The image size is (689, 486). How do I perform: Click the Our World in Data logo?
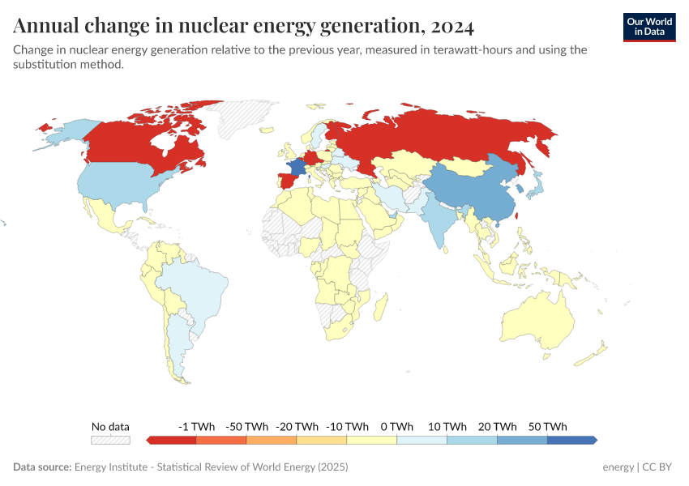[648, 27]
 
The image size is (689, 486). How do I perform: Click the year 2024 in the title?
[452, 26]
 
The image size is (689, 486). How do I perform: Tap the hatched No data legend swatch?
[110, 440]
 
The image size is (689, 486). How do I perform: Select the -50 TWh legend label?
[246, 426]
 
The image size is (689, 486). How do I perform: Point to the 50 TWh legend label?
[547, 426]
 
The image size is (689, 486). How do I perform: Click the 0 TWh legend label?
[396, 426]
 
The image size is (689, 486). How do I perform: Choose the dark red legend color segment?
[173, 440]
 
